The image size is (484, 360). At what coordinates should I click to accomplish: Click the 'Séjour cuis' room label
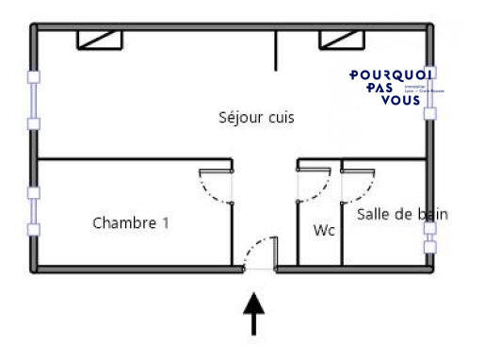click(x=256, y=118)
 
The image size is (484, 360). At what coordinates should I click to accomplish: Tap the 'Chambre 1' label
click(x=131, y=223)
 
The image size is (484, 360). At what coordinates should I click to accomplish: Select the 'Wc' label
click(x=324, y=230)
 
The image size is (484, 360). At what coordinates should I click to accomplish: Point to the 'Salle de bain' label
click(x=402, y=215)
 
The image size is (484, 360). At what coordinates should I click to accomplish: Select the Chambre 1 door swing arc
click(x=213, y=189)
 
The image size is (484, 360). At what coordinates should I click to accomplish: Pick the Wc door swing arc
click(x=317, y=188)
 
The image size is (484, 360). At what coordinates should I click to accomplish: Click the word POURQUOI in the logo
click(x=391, y=74)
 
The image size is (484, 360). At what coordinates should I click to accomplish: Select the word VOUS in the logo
click(x=402, y=101)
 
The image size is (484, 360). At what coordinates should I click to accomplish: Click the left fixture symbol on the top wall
click(x=100, y=39)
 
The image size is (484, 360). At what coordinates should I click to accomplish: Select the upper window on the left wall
click(x=35, y=100)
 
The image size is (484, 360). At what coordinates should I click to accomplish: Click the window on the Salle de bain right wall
click(x=430, y=237)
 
